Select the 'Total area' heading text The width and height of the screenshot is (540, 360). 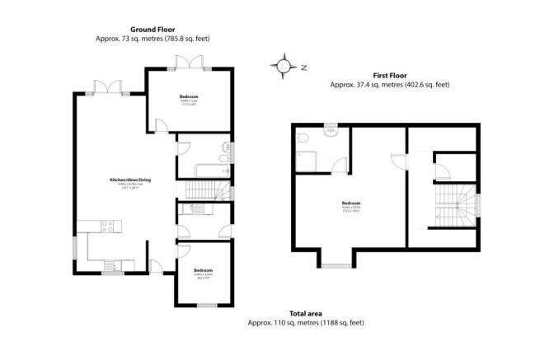(305, 314)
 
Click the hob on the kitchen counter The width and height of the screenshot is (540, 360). (108, 225)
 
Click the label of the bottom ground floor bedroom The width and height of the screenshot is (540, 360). (203, 271)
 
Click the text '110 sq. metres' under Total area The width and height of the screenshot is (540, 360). (287, 322)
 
